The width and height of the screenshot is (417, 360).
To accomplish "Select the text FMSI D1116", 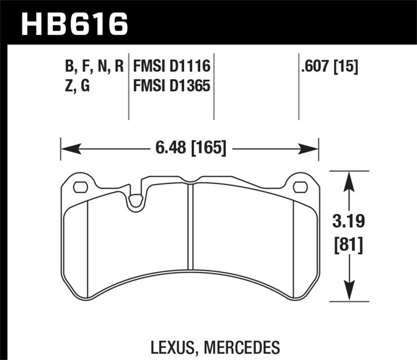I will point(171,67).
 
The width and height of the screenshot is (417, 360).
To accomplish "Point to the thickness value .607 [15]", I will point(328,67).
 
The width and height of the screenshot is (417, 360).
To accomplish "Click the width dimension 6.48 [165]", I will point(190,149).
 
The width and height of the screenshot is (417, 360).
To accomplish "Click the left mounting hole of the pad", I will point(80,187).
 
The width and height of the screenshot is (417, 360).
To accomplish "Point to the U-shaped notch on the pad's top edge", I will point(136,201).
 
